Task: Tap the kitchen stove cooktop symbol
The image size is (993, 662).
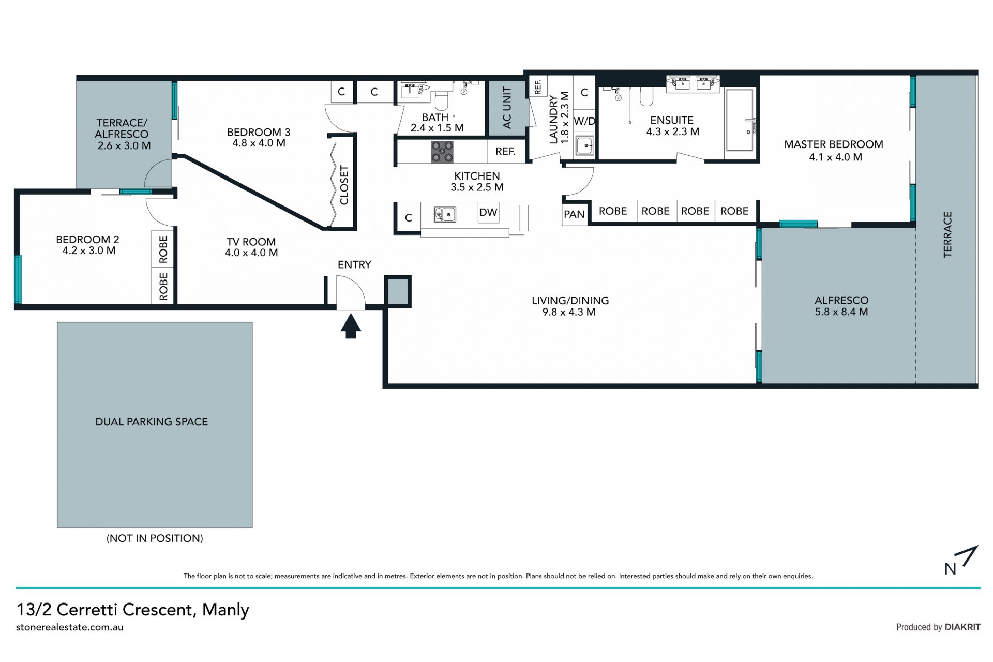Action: (442, 152)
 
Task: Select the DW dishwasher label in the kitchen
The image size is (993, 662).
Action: (488, 212)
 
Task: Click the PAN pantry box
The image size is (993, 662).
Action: (575, 214)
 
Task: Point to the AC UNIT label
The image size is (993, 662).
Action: (507, 108)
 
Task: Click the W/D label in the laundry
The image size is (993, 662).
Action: (584, 121)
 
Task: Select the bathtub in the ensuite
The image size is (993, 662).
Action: (740, 120)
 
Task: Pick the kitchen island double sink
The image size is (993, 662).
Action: (445, 214)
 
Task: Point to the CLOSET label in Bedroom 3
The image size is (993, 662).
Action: (344, 185)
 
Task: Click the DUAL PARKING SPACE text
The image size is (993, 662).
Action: (152, 422)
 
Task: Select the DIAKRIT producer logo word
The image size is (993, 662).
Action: (962, 627)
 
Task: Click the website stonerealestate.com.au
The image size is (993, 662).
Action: (70, 627)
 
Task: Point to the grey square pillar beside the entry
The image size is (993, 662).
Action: (398, 291)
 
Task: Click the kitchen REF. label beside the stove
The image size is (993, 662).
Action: (505, 151)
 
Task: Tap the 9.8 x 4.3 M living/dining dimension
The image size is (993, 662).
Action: (569, 312)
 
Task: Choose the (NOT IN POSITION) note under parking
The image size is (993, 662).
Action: (155, 538)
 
